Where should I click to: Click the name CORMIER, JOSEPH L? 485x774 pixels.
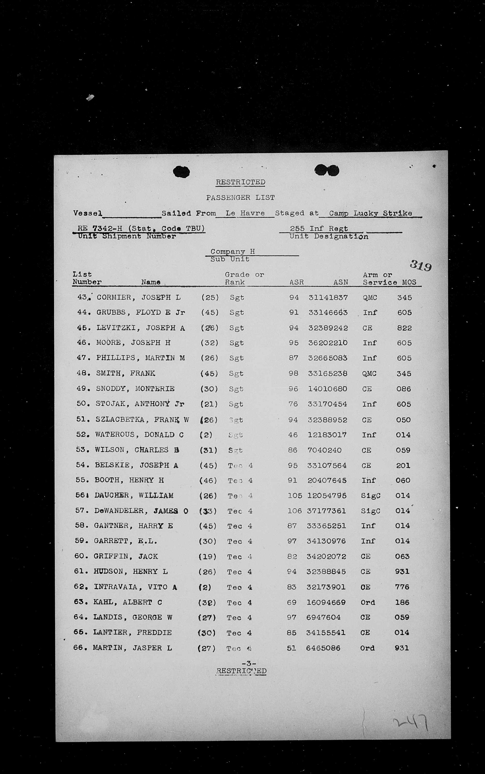click(x=139, y=297)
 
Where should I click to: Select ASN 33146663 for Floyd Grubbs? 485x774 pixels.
click(x=328, y=312)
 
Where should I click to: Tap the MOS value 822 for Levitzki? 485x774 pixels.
click(x=404, y=328)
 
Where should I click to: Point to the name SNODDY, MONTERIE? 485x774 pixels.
click(x=135, y=389)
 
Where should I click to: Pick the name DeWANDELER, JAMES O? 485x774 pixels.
click(x=141, y=511)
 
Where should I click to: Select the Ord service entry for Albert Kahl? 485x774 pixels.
click(x=368, y=602)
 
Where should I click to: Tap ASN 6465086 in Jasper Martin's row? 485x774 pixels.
click(x=323, y=648)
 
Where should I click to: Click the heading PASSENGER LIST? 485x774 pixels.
click(x=240, y=198)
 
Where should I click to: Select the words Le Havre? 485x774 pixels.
click(x=245, y=213)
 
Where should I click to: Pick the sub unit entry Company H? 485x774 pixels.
click(x=233, y=252)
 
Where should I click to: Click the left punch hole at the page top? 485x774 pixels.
click(x=181, y=172)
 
